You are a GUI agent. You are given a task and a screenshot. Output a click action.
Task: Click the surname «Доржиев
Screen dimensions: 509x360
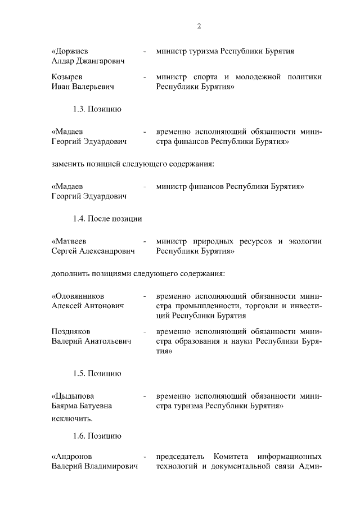70,51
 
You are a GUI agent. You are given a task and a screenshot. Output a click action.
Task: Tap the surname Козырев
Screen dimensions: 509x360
67,77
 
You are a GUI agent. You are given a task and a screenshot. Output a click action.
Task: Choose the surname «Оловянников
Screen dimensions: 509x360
78,296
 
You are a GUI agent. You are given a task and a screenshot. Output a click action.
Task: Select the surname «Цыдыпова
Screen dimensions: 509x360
71,395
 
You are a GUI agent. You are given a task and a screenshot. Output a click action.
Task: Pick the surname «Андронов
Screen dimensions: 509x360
71,456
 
